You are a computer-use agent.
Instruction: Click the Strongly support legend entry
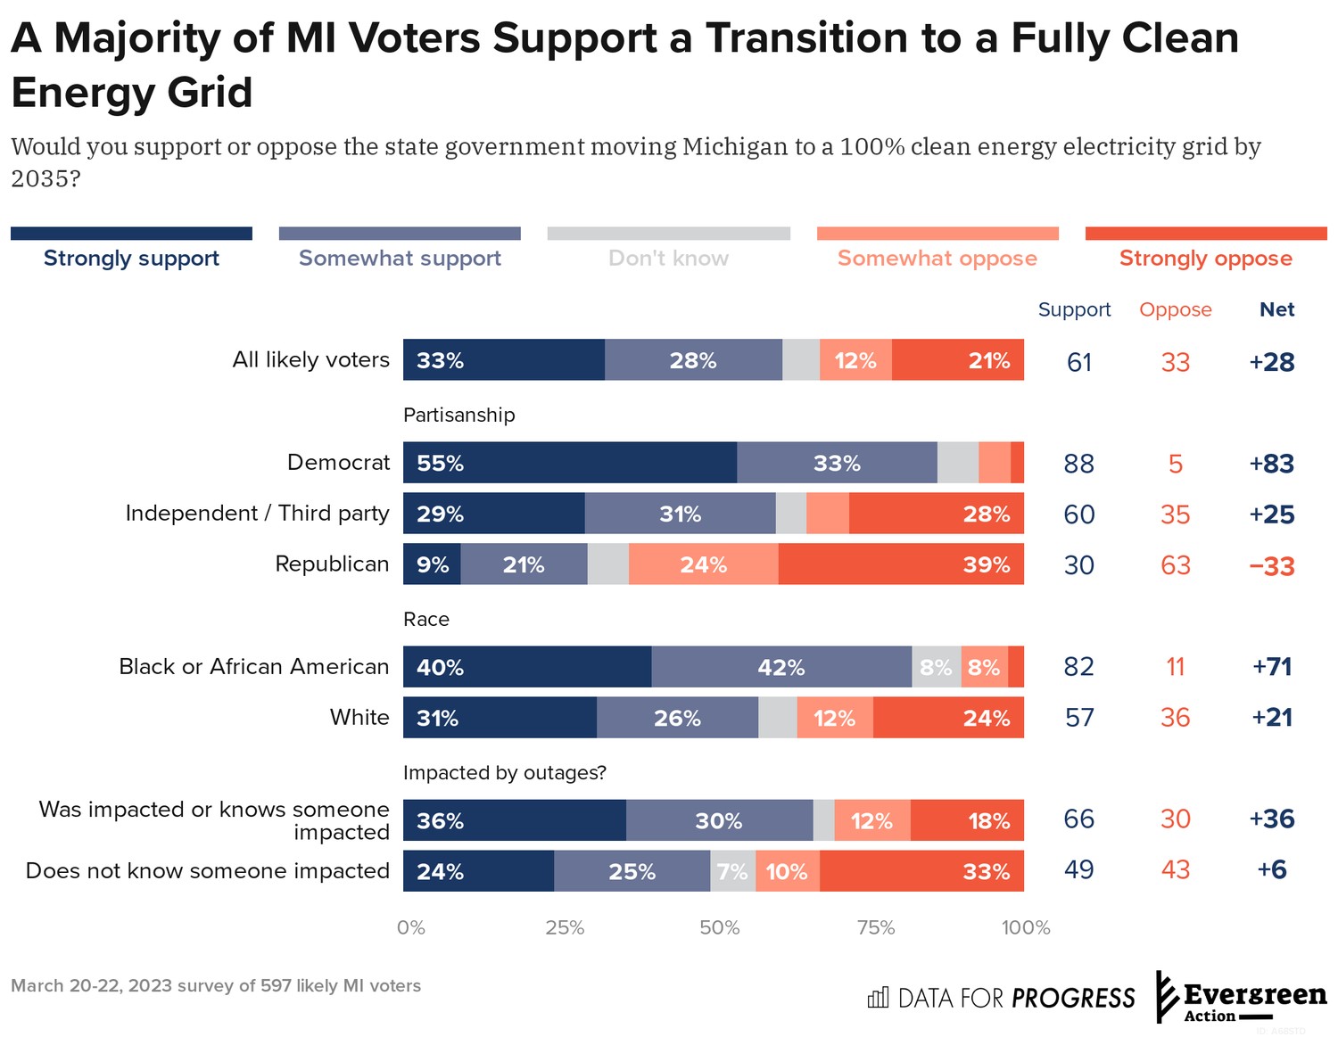[131, 258]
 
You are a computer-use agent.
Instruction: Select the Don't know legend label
[668, 258]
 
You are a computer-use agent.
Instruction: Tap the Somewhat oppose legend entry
[937, 258]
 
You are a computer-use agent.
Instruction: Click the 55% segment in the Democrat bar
[569, 463]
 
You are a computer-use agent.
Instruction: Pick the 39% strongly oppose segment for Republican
[900, 564]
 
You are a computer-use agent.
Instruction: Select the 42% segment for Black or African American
[780, 667]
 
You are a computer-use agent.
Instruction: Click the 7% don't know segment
[732, 871]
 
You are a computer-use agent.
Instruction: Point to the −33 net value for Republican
[1271, 566]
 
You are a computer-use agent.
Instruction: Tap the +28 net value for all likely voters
[1271, 362]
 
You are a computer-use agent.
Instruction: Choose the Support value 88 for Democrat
[1078, 464]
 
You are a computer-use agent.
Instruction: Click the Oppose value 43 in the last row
[1175, 870]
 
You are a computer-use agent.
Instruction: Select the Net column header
[1276, 309]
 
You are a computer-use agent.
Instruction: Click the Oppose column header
[1175, 309]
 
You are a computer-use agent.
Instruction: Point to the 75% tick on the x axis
[875, 927]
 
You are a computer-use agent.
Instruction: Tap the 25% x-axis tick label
[565, 927]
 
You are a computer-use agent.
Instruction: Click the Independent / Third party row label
[257, 514]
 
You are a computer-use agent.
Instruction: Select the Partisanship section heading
[458, 415]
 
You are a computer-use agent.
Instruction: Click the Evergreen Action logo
[1241, 998]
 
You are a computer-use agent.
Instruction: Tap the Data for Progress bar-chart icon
[878, 997]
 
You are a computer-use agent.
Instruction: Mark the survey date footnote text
[216, 985]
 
